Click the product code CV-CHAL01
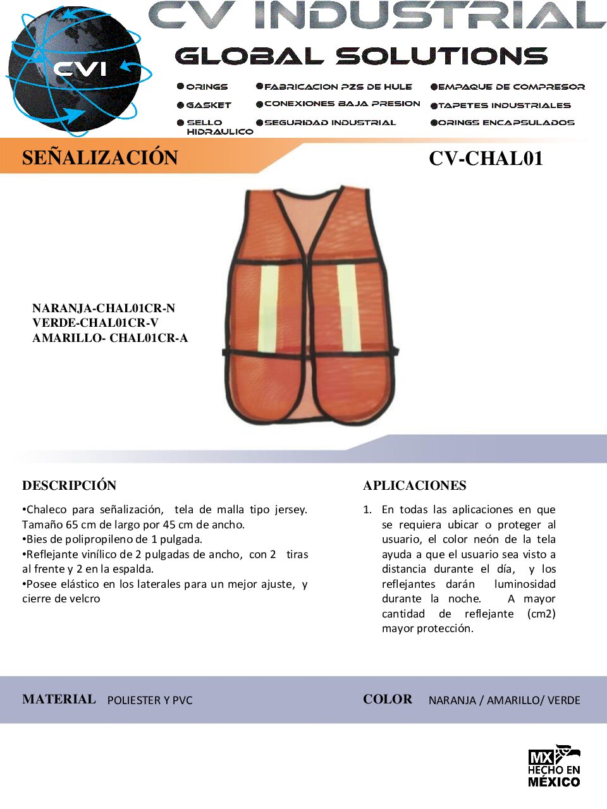pos(486,158)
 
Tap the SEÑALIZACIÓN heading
pos(100,157)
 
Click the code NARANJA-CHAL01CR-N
pos(104,308)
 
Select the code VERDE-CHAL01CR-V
pos(95,323)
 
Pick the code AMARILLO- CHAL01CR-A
pos(110,338)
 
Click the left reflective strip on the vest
pos(268,308)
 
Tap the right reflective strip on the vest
pos(348,308)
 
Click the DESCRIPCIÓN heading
pos(70,485)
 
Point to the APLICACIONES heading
pos(415,485)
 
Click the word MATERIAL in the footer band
pos(59,699)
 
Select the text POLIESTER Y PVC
pos(150,700)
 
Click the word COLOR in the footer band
pos(388,699)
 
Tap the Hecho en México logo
pos(554,766)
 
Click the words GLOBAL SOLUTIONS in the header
pos(361,56)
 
